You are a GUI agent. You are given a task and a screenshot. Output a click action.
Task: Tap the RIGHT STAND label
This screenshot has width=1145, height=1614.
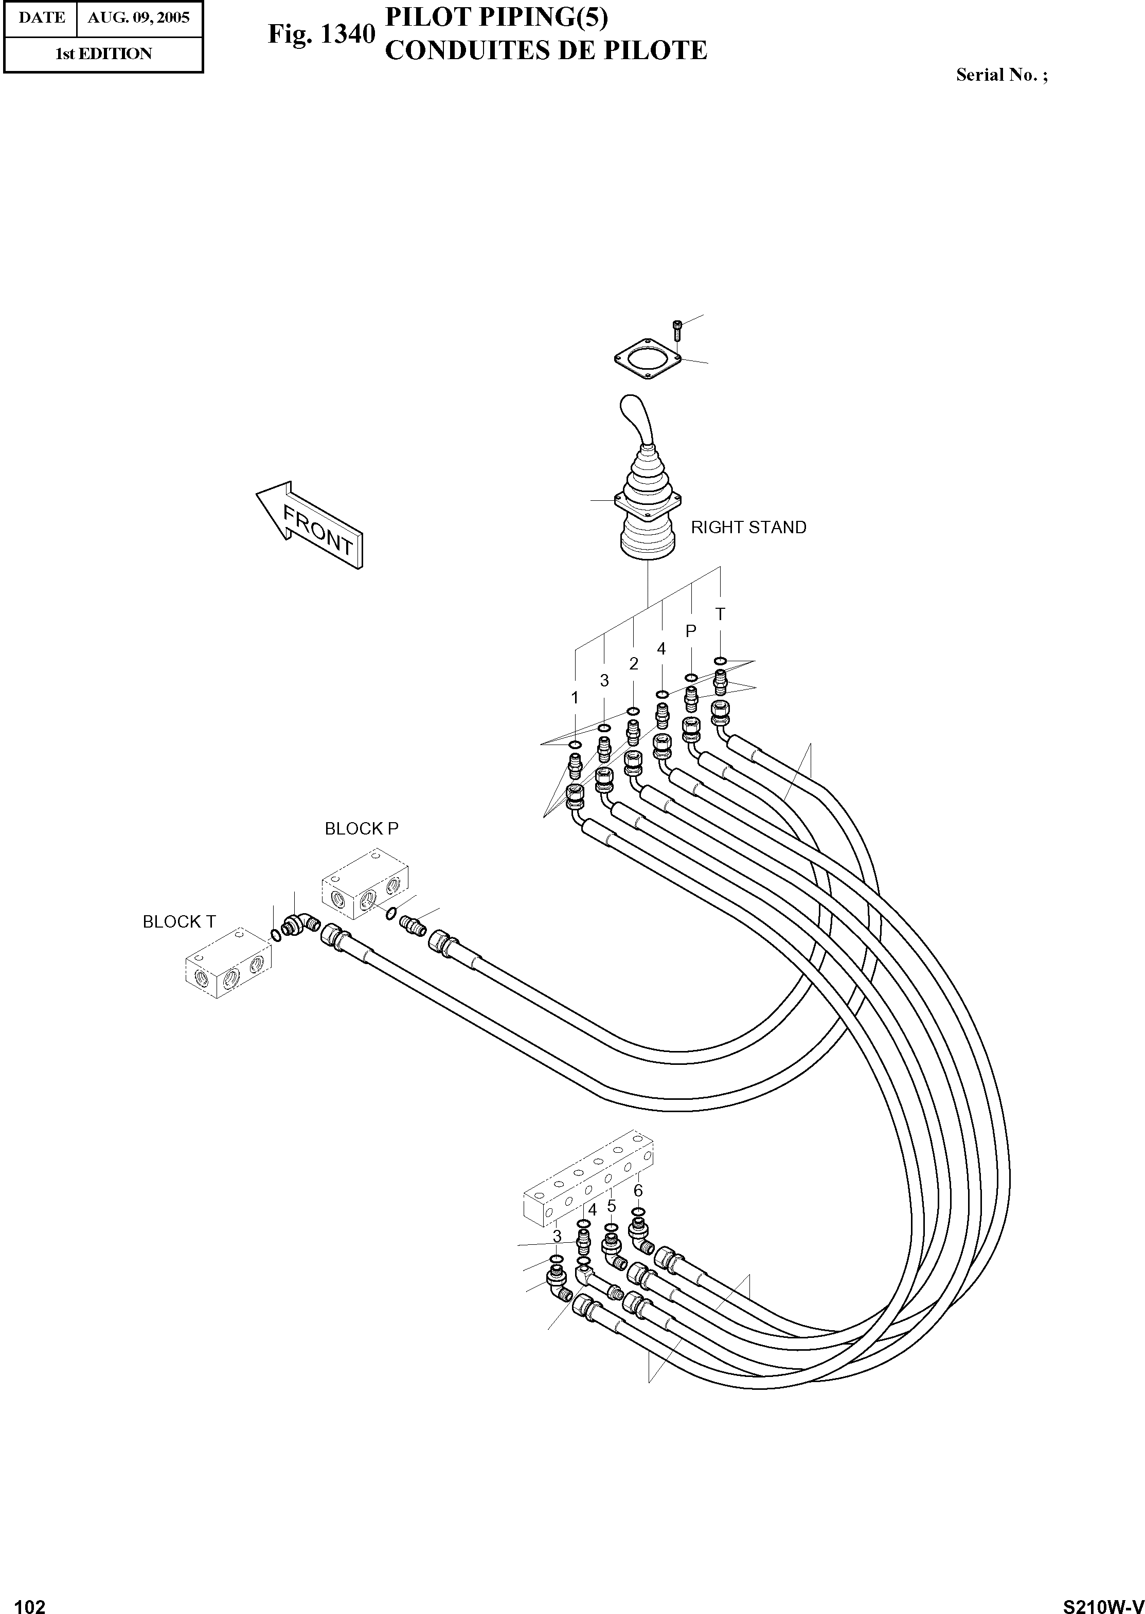[748, 527]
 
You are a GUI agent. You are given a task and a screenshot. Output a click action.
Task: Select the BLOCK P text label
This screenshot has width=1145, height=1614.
[361, 829]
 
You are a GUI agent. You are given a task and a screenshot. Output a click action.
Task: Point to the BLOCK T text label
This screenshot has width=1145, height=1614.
[179, 922]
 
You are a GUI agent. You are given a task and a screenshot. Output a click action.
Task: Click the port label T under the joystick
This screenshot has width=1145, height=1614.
[720, 614]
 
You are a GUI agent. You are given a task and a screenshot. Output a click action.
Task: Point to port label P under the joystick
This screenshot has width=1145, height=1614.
[691, 631]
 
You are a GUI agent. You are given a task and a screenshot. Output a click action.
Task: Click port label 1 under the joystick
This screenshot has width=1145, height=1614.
[575, 698]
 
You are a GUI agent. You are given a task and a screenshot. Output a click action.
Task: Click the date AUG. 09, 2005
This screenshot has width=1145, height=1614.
[138, 17]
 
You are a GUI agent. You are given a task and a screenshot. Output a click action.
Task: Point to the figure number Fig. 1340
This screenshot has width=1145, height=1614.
[321, 34]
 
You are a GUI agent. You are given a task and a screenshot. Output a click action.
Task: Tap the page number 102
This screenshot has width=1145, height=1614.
[30, 1601]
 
